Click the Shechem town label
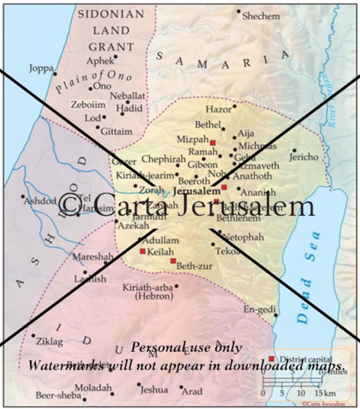point(261,16)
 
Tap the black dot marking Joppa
point(55,73)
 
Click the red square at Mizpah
point(212,142)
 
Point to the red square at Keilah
point(142,251)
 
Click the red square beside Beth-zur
point(173,260)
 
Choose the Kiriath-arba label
point(147,287)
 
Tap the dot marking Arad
point(181,387)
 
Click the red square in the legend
point(271,358)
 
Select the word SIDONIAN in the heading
point(111,14)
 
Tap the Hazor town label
point(218,109)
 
